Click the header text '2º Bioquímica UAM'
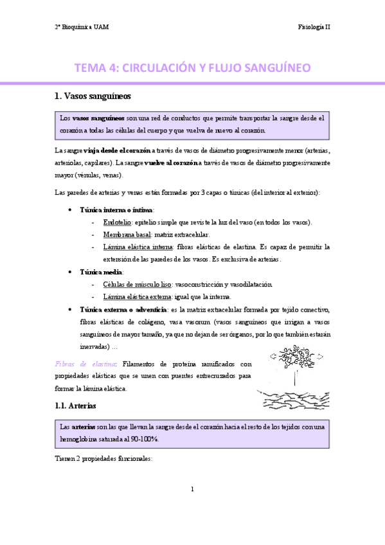click(x=82, y=27)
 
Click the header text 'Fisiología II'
click(x=314, y=27)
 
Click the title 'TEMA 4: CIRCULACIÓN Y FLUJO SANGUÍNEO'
click(x=193, y=67)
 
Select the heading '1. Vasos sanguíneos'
click(x=93, y=97)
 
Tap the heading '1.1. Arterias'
click(x=75, y=406)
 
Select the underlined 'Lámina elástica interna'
click(x=136, y=247)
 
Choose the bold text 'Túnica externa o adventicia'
click(x=121, y=309)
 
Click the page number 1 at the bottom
click(x=192, y=490)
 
